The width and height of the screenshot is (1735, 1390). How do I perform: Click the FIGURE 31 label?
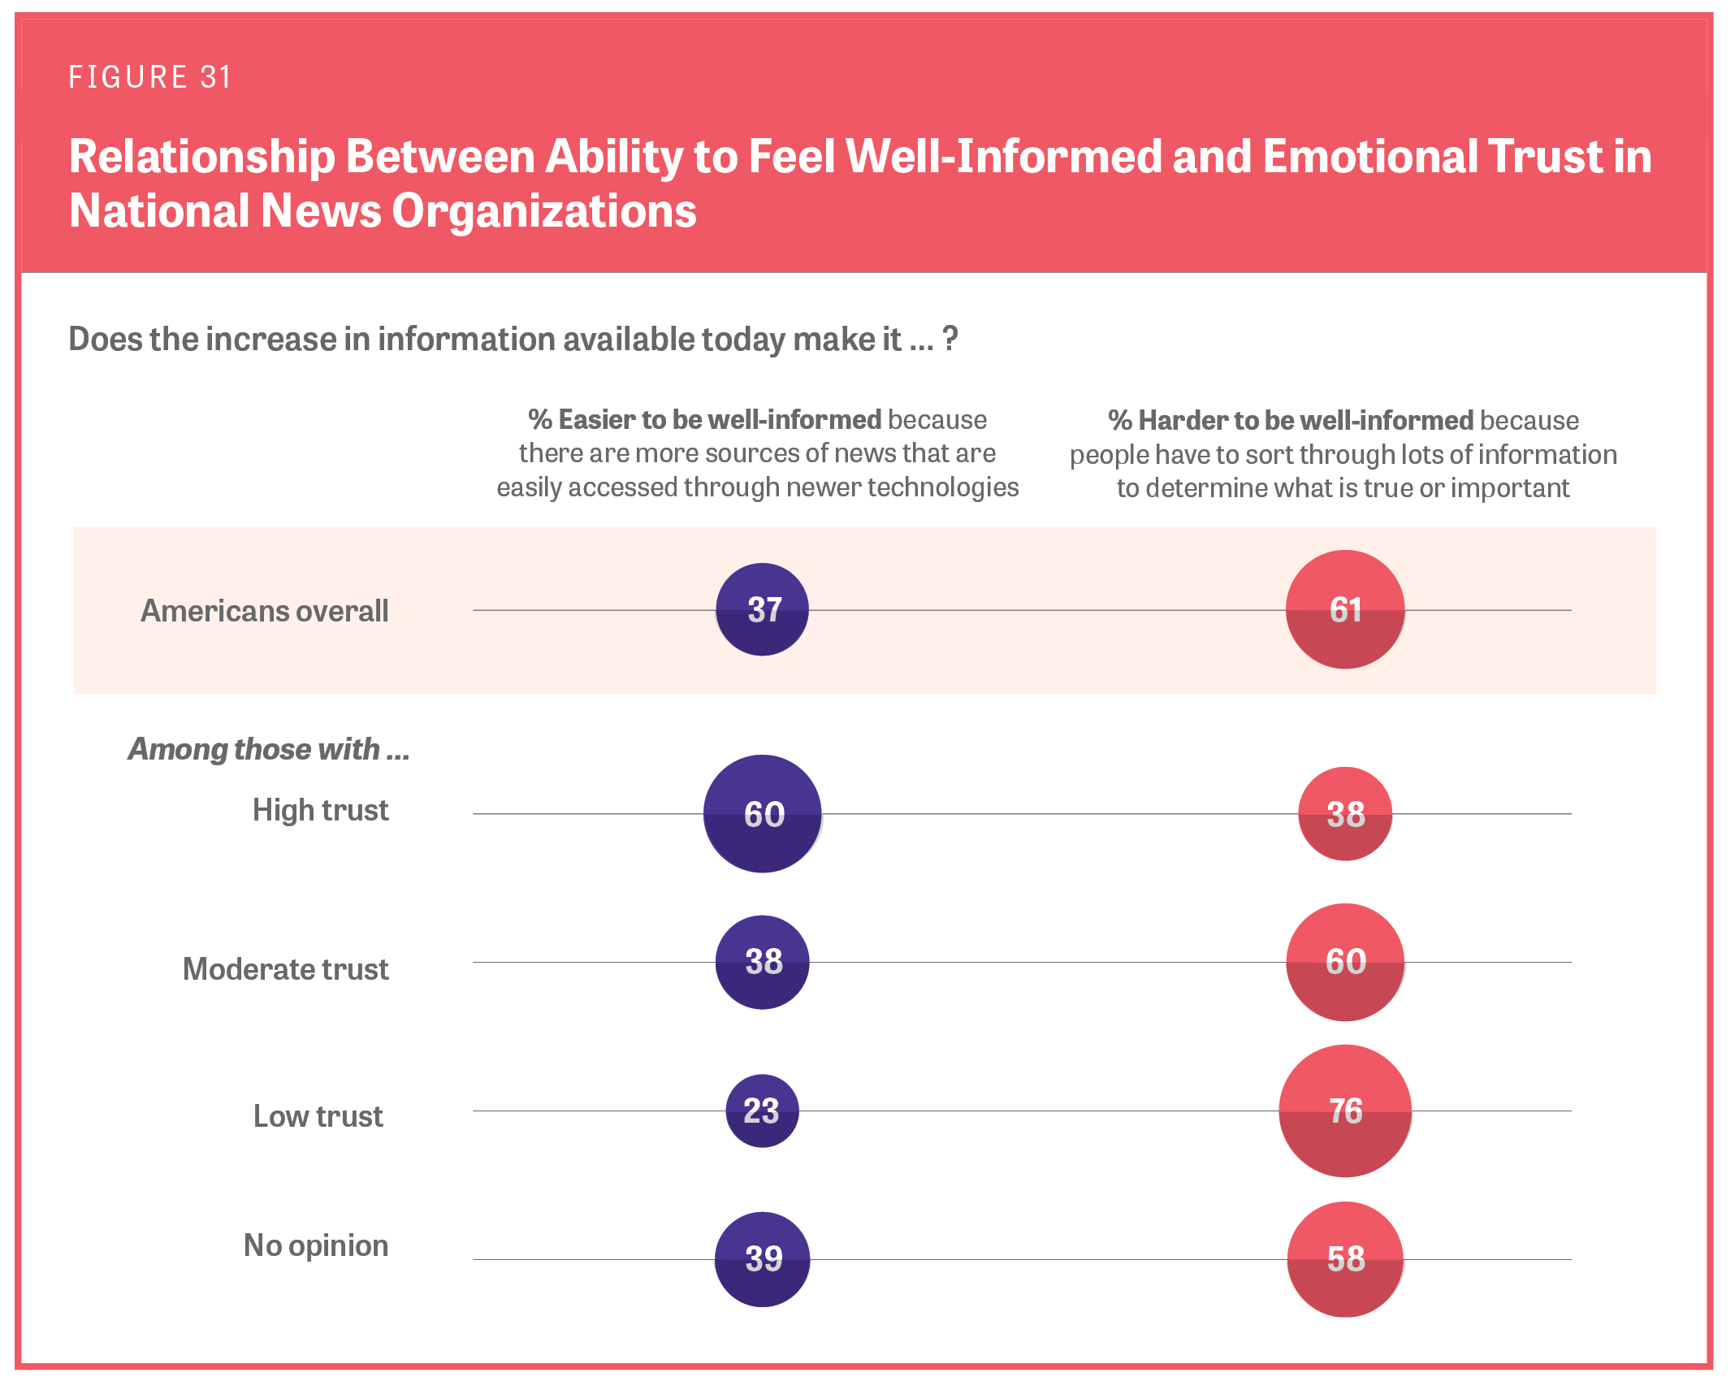pyautogui.click(x=150, y=77)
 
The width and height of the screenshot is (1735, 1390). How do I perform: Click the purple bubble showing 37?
pyautogui.click(x=762, y=609)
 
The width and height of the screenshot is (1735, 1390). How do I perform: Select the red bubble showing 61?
pyautogui.click(x=1345, y=609)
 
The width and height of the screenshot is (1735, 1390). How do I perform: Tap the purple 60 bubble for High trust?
pyautogui.click(x=762, y=813)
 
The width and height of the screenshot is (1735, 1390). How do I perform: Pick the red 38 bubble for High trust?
pyautogui.click(x=1345, y=813)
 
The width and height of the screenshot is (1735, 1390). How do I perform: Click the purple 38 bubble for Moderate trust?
pyautogui.click(x=762, y=962)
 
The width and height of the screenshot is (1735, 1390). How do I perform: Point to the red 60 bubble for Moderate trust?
pyautogui.click(x=1345, y=962)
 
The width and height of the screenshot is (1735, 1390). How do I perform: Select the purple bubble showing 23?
pyautogui.click(x=762, y=1111)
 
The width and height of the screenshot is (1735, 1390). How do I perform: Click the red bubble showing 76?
pyautogui.click(x=1345, y=1111)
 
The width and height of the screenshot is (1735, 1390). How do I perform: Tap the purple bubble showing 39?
pyautogui.click(x=762, y=1259)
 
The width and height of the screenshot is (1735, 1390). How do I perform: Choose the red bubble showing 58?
pyautogui.click(x=1345, y=1259)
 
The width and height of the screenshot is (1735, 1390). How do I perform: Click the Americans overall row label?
pyautogui.click(x=265, y=611)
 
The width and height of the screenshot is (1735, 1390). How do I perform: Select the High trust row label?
pyautogui.click(x=320, y=810)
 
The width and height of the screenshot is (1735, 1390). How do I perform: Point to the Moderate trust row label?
pyautogui.click(x=285, y=969)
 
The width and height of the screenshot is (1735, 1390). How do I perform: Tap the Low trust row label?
pyautogui.click(x=318, y=1116)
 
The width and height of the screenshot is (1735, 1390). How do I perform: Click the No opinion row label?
pyautogui.click(x=316, y=1245)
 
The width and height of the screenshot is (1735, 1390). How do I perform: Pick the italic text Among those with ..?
pyautogui.click(x=269, y=749)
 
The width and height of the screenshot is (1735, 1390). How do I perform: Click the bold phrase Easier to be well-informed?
pyautogui.click(x=719, y=419)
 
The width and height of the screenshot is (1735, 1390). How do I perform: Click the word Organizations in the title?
pyautogui.click(x=544, y=211)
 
